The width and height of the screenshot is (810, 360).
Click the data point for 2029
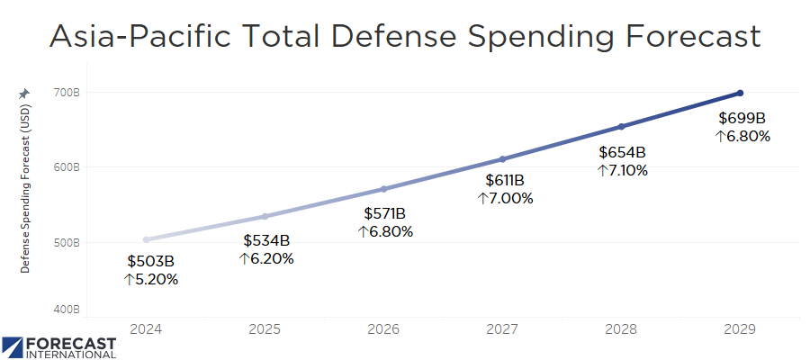click(x=740, y=93)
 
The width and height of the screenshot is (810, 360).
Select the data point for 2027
click(x=502, y=159)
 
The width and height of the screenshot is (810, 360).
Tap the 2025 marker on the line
click(x=265, y=216)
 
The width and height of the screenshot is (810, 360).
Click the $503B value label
click(x=151, y=262)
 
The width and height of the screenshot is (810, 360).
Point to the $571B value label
click(x=385, y=214)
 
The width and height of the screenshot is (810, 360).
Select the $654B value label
click(x=623, y=152)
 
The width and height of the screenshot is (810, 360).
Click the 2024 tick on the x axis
click(x=146, y=329)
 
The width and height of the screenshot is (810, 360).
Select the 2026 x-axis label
click(x=383, y=329)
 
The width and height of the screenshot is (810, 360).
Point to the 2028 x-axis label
click(x=621, y=329)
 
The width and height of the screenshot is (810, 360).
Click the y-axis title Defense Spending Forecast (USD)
click(x=25, y=189)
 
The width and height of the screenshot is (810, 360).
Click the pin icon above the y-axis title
click(x=24, y=94)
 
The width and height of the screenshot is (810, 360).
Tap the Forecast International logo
click(x=59, y=346)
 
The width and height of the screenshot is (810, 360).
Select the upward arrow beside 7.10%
click(x=602, y=170)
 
